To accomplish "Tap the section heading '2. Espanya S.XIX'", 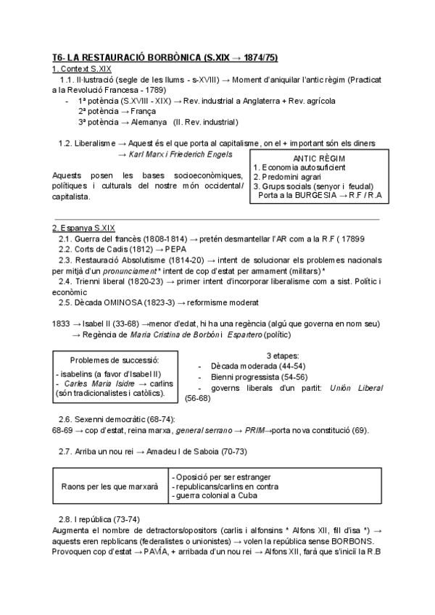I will pyautogui.click(x=83, y=228).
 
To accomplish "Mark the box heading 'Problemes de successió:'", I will pyautogui.click(x=115, y=360).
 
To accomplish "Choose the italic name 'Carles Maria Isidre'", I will pyautogui.click(x=97, y=382).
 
